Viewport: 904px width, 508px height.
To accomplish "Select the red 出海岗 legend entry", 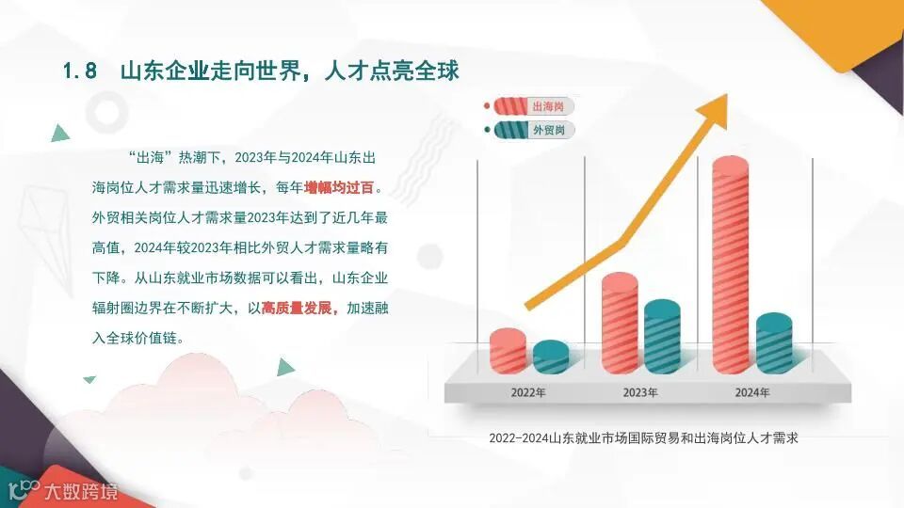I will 529,106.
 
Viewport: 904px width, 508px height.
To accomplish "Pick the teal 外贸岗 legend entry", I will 529,130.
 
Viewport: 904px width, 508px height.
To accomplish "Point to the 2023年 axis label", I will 640,391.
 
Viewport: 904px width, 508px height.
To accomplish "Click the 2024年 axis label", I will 751,391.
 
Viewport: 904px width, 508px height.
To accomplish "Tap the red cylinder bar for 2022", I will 508,350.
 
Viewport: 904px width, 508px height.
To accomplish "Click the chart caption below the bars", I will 643,438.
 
